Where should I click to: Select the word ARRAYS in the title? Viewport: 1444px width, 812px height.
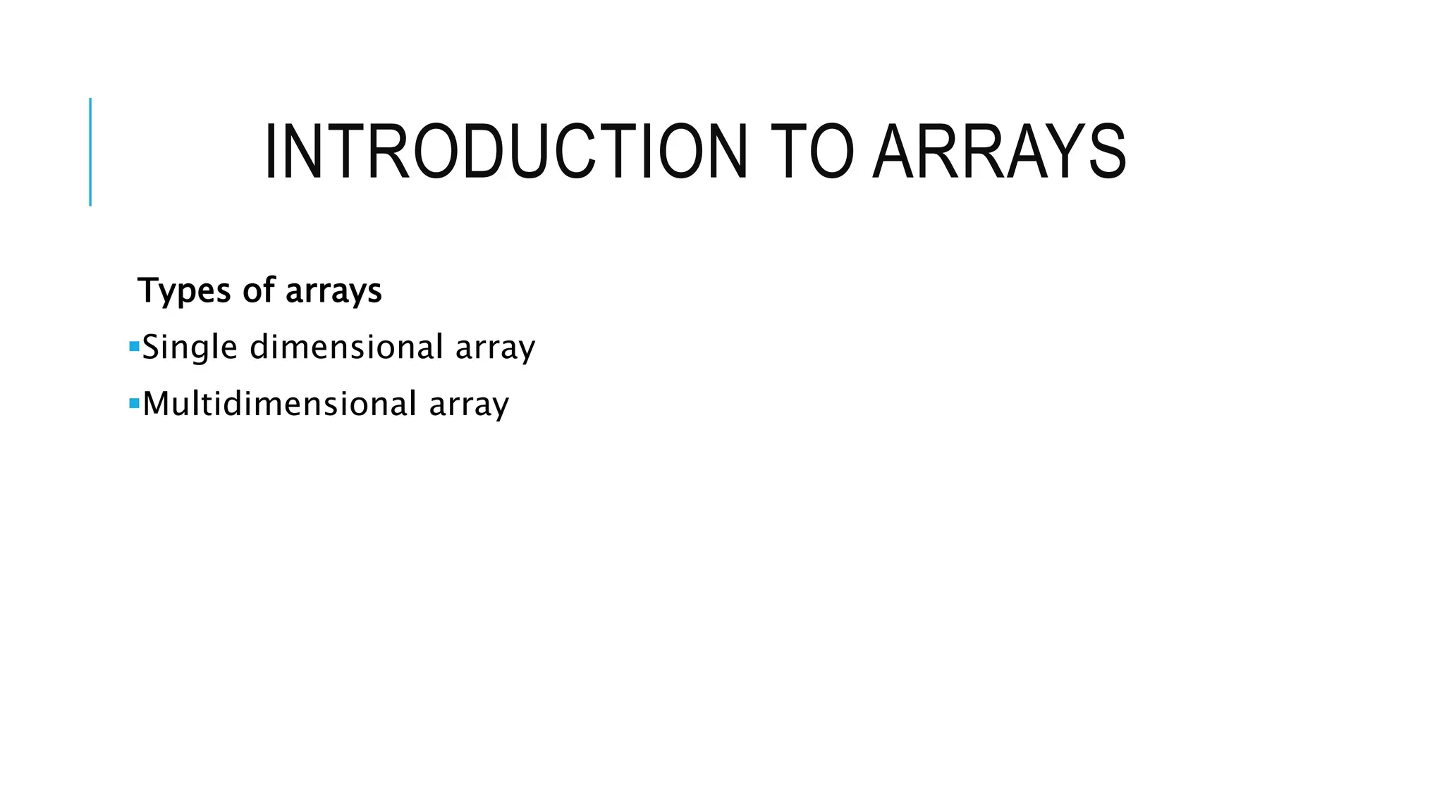coord(999,152)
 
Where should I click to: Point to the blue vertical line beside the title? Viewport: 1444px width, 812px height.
coord(90,152)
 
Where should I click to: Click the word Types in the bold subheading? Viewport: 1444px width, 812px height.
coord(184,291)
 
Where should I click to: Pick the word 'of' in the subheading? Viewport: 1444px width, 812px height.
coord(258,290)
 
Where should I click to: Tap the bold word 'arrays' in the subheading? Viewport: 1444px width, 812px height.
coord(334,291)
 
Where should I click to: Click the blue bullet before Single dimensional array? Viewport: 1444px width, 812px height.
coord(134,347)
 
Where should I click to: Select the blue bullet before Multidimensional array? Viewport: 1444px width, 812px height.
coord(134,404)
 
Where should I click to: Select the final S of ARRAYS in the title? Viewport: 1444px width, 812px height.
coord(1108,152)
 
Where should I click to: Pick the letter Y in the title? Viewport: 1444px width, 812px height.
coord(1064,152)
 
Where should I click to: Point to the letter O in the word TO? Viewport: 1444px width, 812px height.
coord(832,152)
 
